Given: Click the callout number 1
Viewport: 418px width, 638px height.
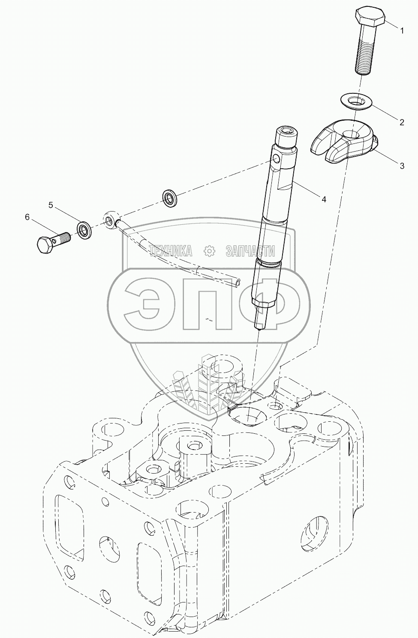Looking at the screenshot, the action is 402,30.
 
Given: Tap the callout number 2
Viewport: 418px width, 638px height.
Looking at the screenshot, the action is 402,122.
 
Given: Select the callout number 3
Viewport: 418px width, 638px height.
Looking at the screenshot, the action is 402,166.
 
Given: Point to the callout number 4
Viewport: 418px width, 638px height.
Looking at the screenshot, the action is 324,199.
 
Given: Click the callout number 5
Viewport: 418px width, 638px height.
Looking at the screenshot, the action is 51,206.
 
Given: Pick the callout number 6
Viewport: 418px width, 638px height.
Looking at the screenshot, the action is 27,218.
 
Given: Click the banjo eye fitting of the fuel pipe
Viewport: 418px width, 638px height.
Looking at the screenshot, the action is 111,219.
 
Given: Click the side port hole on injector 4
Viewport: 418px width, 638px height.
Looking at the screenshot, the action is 276,160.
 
